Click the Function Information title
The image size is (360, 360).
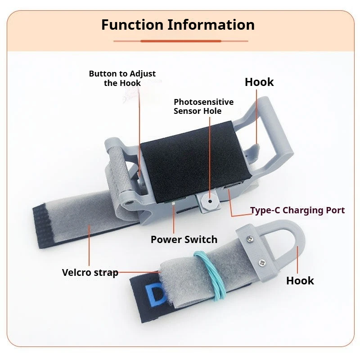coord(178,25)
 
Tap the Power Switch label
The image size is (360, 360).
coord(184,239)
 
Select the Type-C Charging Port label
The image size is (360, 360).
coord(297,210)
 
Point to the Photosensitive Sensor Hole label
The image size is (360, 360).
coord(203,106)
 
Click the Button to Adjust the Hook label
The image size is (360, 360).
coord(122,78)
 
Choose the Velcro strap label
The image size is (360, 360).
coord(90,273)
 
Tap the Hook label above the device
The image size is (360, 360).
coord(259,82)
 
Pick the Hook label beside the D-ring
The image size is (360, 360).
coord(300,280)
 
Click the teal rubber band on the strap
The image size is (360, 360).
coord(210,275)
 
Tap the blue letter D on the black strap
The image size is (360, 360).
coord(155,296)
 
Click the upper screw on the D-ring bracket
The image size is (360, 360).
coord(250,239)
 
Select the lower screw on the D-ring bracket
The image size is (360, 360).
coord(262,263)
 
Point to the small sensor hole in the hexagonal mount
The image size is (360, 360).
coord(210,201)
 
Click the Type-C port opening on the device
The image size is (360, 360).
coord(232,185)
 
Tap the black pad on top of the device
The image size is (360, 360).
coord(196,162)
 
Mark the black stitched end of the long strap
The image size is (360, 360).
coord(44,226)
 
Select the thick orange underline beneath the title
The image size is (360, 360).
coord(181,41)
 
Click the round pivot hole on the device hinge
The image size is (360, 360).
coord(129,203)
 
